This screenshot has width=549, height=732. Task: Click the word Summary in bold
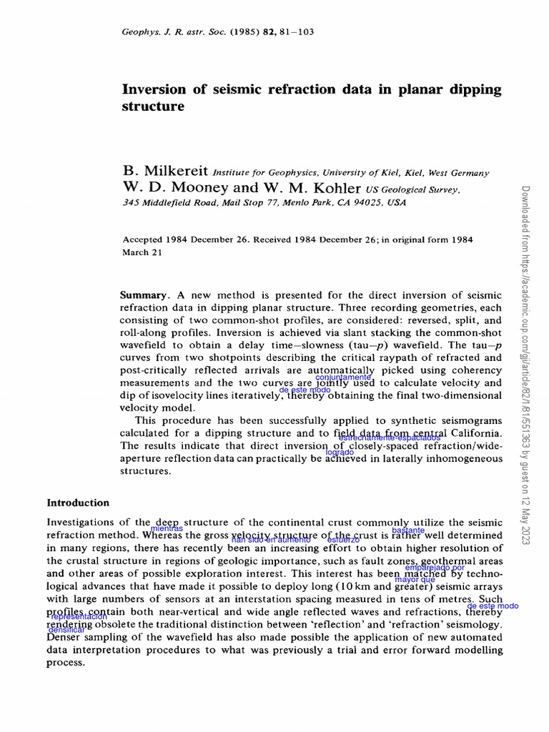click(x=145, y=295)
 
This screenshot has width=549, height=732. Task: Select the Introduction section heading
click(x=78, y=503)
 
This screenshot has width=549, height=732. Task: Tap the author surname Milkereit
click(x=176, y=172)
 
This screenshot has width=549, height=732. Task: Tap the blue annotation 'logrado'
click(x=340, y=452)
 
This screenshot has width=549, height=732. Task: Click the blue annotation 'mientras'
click(x=167, y=528)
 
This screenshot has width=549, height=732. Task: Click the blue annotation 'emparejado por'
click(x=435, y=568)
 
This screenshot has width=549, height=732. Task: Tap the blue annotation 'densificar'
click(x=66, y=630)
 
